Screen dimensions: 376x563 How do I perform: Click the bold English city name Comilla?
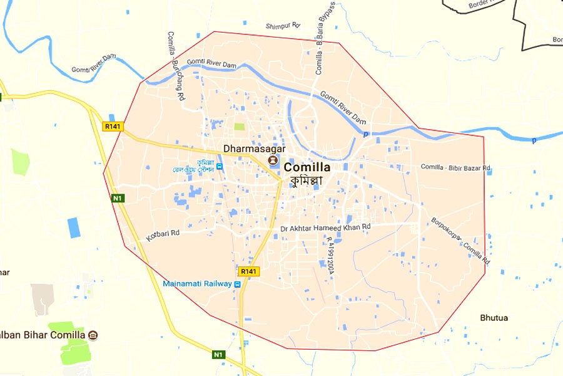coord(307,167)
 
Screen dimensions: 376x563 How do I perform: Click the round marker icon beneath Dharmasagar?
coord(273,160)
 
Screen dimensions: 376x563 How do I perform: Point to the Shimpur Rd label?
coord(283,26)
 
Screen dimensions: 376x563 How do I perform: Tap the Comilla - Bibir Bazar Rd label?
coord(455,167)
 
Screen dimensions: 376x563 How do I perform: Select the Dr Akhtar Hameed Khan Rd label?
coord(325,227)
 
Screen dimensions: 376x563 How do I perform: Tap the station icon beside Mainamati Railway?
coord(237,284)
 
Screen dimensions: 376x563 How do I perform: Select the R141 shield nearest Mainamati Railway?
coord(248,271)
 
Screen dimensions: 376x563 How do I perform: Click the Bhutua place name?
coord(494,318)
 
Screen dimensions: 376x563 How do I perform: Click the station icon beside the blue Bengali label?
coord(220,167)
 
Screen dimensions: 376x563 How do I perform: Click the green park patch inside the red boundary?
coord(240,127)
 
